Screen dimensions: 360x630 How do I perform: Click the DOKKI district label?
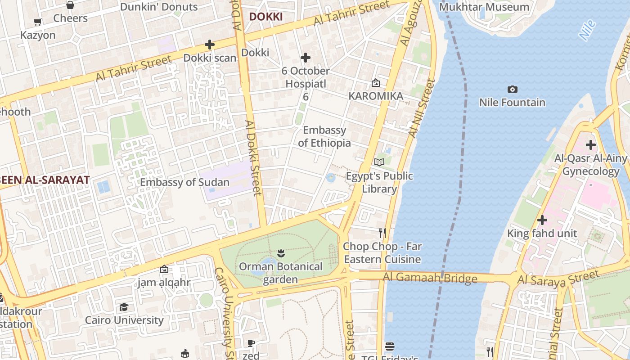coord(265,17)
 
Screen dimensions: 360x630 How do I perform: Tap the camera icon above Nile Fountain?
coord(512,89)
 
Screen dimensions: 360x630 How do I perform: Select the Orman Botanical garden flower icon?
coord(281,253)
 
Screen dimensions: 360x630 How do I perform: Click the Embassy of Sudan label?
coord(184,182)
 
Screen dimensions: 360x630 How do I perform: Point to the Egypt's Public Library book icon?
coord(379,162)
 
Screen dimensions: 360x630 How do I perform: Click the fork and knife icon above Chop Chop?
coord(382,233)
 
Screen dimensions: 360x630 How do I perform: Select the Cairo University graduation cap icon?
coord(124,307)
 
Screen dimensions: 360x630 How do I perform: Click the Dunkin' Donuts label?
coord(159,7)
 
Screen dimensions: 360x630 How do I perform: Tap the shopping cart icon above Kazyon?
coord(38,22)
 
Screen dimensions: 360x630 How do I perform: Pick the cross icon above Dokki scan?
coord(209,45)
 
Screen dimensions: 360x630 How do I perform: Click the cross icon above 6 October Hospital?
coord(306,58)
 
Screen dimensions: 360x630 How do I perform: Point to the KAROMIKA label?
coord(376,96)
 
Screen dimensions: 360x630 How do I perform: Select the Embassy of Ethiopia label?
coord(324,136)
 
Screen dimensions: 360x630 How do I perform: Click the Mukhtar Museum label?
coord(484,7)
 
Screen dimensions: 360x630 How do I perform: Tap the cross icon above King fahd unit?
coord(542,220)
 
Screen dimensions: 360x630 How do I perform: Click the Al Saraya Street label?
coord(558,277)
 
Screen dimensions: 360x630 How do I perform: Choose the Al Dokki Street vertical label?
coord(253,157)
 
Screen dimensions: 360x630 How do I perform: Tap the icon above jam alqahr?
coord(164,269)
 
